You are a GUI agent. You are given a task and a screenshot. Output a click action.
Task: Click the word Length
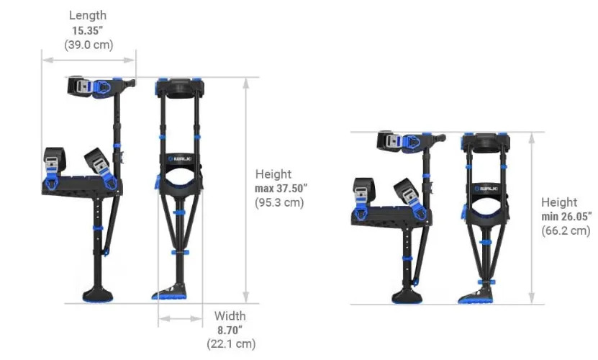coord(88,16)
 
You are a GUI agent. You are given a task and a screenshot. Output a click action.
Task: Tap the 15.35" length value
coord(88,30)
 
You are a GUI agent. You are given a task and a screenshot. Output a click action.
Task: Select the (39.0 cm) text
coord(89,45)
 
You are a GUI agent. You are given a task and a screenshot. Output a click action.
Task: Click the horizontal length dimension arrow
coord(89,60)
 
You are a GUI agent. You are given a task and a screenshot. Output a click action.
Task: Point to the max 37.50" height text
coord(281,188)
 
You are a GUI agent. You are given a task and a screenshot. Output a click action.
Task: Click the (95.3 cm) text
coord(279,202)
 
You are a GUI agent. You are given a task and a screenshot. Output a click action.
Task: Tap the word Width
coord(230,316)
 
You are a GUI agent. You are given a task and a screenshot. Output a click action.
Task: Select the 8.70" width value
coord(230,330)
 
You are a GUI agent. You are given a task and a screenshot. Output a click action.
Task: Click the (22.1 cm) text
coord(231,344)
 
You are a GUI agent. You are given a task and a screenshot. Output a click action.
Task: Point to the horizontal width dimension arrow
coord(180,318)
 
